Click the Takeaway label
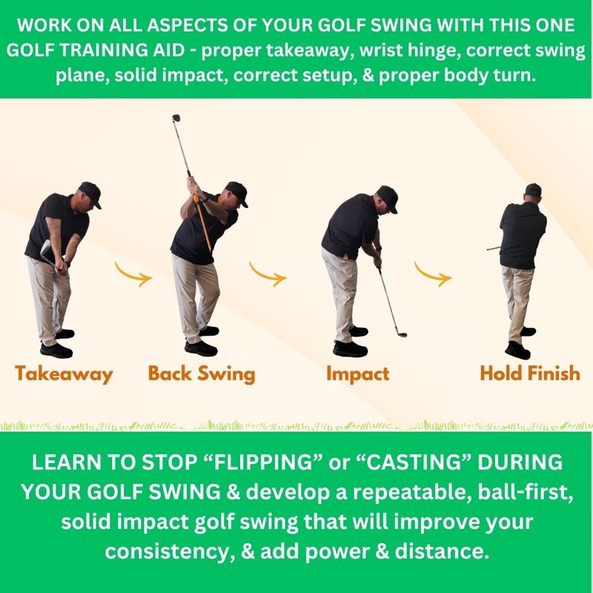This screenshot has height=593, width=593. [64, 374]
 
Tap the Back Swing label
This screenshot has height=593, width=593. [202, 374]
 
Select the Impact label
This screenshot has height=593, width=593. [358, 374]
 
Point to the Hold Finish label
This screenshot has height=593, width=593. [530, 374]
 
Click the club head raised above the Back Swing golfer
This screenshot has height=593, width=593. [176, 118]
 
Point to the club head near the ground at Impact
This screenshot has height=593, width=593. [402, 334]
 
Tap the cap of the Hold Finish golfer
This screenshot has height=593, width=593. [533, 190]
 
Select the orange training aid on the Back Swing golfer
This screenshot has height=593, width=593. [202, 223]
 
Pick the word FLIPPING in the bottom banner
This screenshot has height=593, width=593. [262, 462]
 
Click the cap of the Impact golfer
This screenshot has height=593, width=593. [388, 198]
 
